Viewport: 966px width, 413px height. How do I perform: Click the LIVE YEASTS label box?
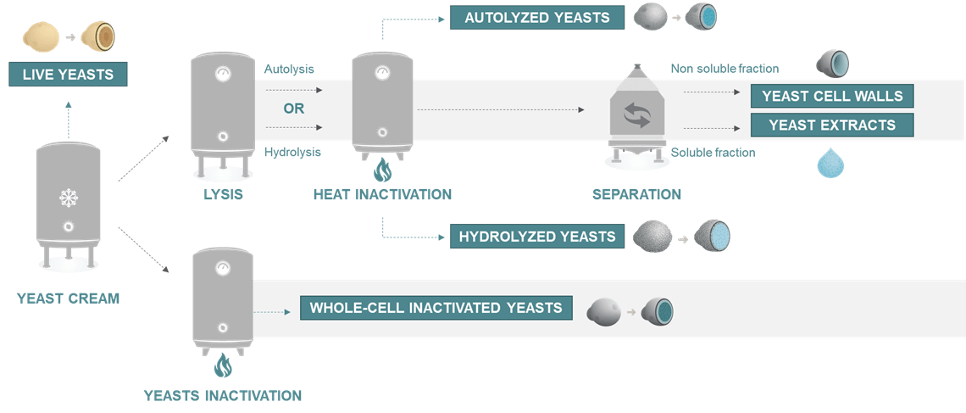(68, 75)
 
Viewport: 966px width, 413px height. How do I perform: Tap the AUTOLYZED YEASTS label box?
(537, 18)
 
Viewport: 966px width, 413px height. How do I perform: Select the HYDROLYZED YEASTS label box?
(537, 236)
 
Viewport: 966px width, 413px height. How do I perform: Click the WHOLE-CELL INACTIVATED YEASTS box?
(436, 308)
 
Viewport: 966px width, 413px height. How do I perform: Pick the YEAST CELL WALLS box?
(832, 96)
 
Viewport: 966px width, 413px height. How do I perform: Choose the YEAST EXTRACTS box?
(832, 125)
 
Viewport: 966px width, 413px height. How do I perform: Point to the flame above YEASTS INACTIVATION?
(222, 366)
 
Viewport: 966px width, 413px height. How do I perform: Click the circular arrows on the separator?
(636, 114)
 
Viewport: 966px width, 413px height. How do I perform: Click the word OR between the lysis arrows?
(293, 109)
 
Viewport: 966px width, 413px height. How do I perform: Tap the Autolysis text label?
(289, 68)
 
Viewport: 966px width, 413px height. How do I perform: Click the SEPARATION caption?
(636, 194)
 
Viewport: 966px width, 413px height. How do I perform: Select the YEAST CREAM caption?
(68, 298)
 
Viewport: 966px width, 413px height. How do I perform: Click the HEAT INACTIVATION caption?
(382, 194)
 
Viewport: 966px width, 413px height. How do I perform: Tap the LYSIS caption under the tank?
(223, 194)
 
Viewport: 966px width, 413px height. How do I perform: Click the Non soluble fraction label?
(724, 68)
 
